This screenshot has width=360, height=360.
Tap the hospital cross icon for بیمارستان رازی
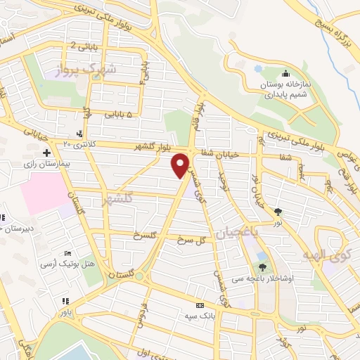coord(46,153)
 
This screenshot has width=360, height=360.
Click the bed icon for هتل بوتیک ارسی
coord(67,253)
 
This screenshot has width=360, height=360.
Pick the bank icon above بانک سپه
coord(200,305)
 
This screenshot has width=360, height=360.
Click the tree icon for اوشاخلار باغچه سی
coord(262,267)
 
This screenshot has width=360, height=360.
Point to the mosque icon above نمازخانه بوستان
coord(285,74)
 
